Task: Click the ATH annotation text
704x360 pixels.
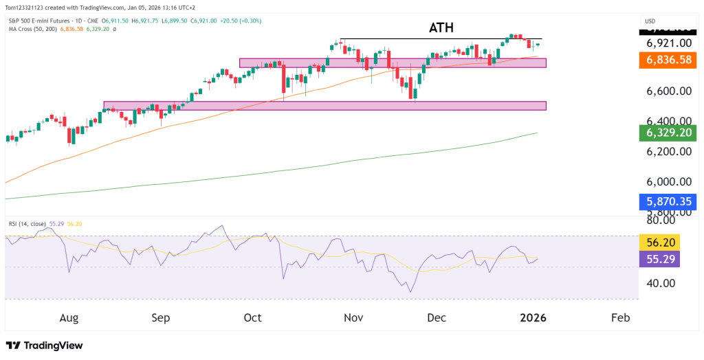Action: [441, 28]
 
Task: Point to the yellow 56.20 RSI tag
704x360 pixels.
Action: [659, 242]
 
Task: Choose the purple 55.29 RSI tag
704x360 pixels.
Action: [659, 259]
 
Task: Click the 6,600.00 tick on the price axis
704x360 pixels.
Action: [664, 91]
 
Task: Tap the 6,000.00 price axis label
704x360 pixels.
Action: [664, 182]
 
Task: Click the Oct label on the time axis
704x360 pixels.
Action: [252, 318]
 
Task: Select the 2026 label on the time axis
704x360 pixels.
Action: [532, 318]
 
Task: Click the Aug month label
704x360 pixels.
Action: [69, 318]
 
